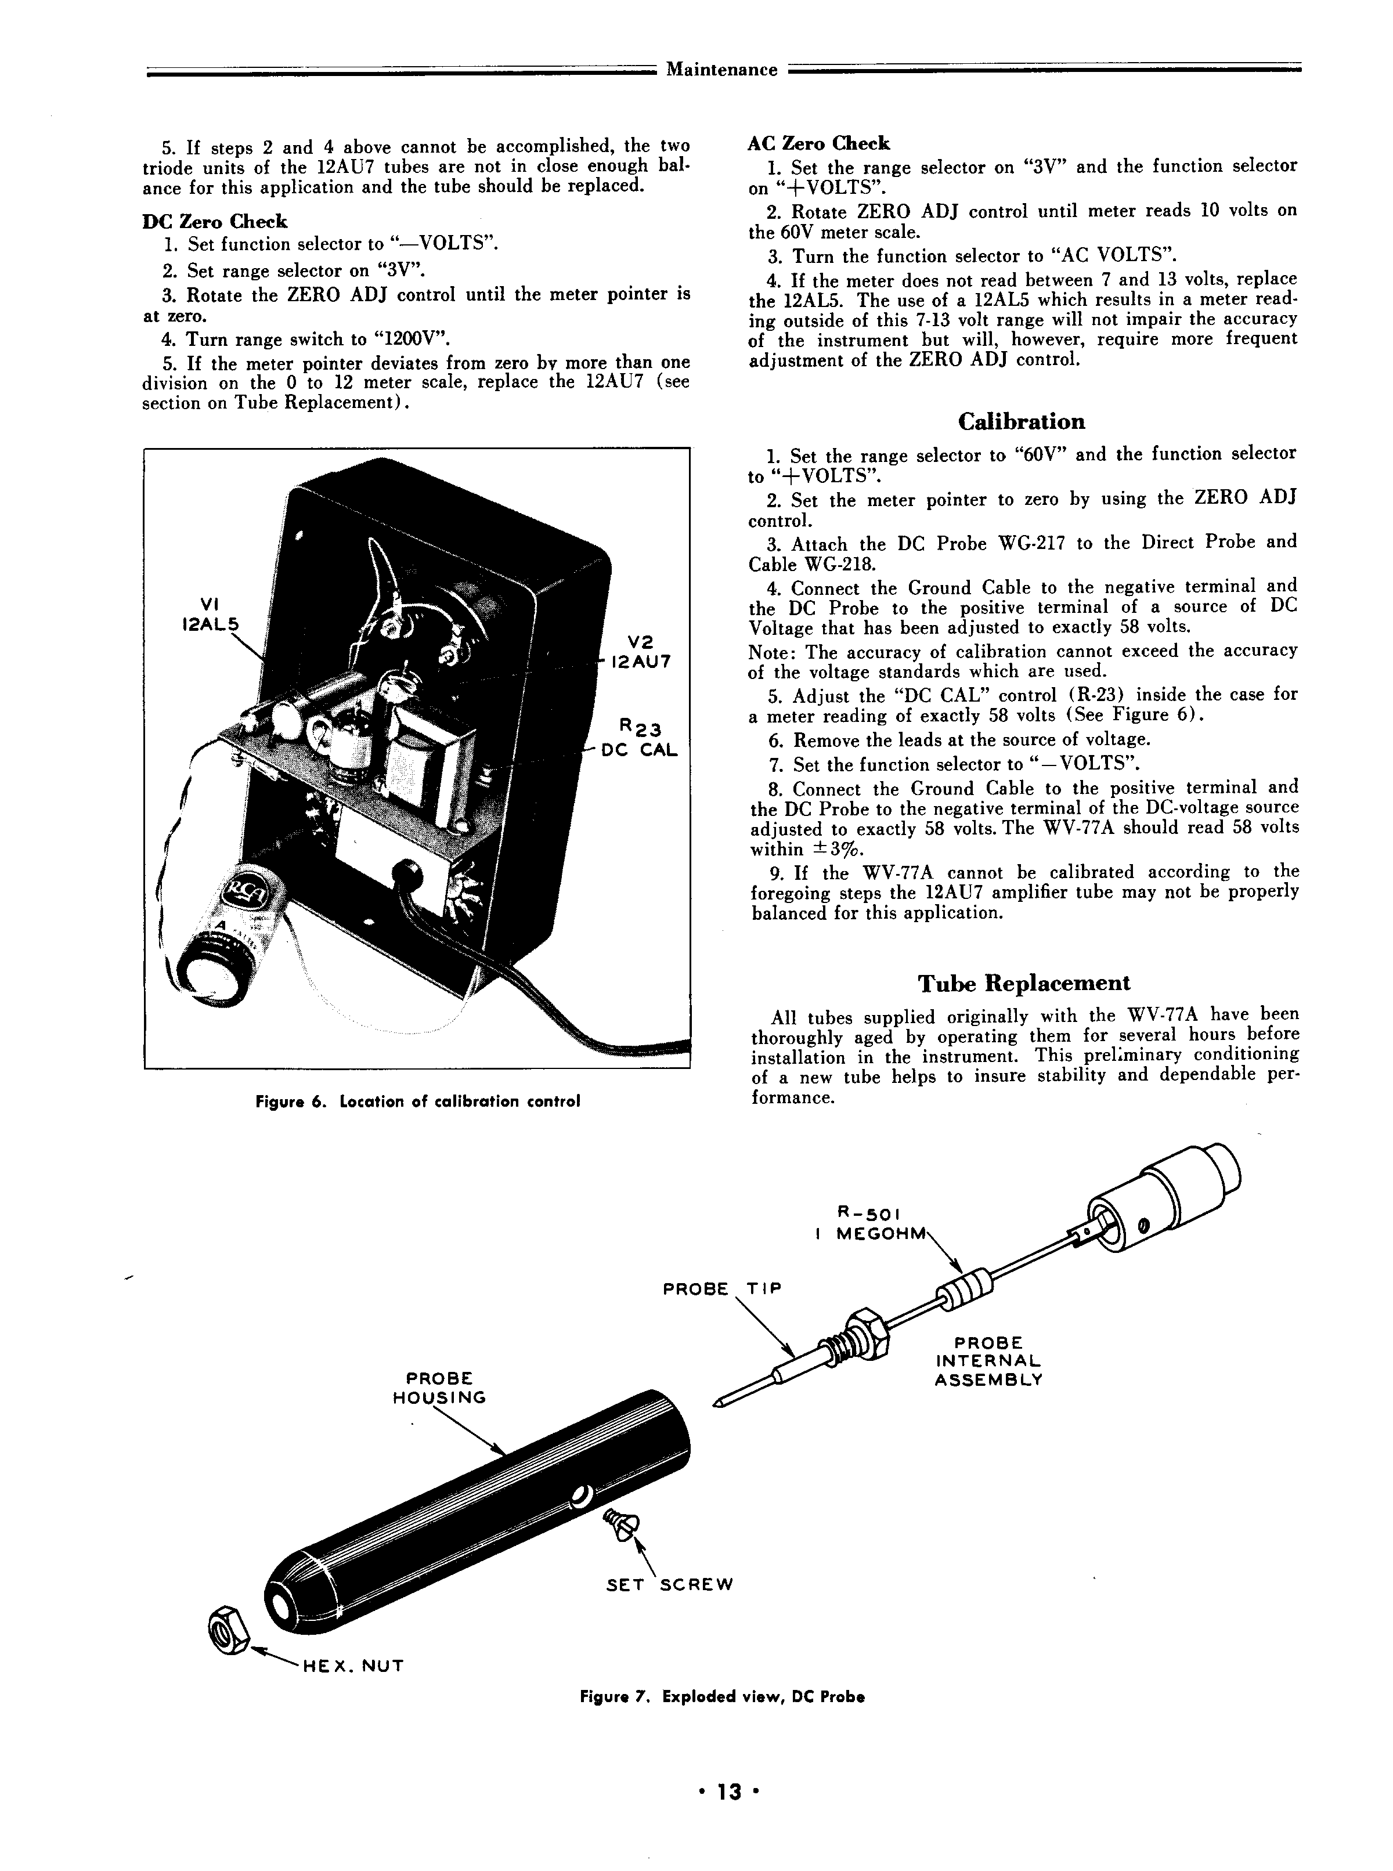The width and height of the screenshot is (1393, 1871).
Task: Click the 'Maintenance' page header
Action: point(722,70)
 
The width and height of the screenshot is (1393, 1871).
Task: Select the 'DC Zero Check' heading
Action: point(215,222)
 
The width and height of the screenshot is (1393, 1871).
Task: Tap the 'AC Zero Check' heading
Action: point(818,143)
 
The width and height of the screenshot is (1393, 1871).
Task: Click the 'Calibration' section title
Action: point(1021,421)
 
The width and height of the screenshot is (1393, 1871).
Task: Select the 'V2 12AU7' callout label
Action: point(641,652)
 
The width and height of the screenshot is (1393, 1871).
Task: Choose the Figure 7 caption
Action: point(722,1696)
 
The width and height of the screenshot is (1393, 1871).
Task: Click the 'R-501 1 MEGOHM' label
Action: point(868,1223)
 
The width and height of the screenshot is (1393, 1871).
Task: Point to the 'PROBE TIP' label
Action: point(722,1289)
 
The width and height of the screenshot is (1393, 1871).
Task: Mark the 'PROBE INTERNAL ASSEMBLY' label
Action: point(988,1361)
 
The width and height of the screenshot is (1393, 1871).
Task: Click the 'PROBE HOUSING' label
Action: point(439,1387)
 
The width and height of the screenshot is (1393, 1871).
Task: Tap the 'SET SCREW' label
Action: point(670,1584)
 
